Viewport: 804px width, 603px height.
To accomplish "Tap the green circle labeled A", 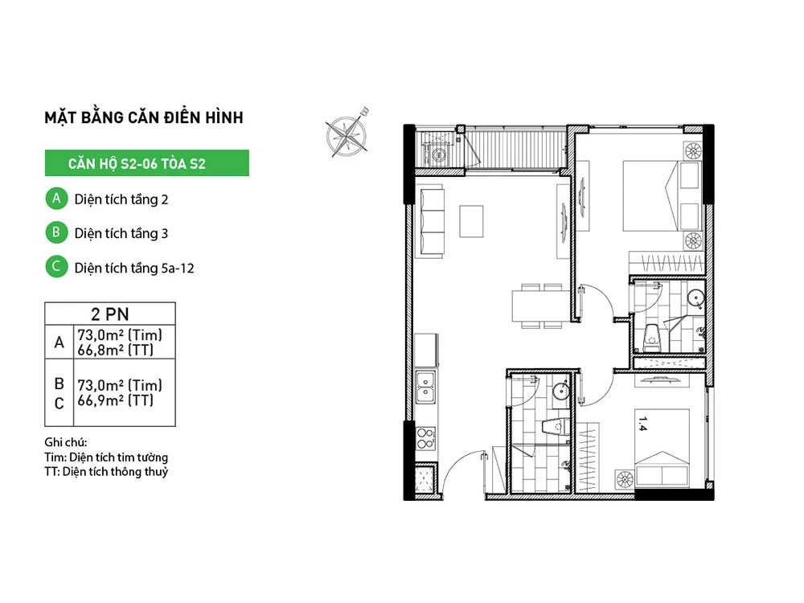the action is coord(56,199).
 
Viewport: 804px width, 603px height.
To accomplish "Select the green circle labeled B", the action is coord(56,232).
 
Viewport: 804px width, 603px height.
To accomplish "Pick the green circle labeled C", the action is coord(56,267).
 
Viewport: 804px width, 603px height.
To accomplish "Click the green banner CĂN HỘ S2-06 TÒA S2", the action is coord(146,163).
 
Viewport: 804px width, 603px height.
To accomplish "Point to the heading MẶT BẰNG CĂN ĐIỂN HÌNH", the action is coord(144,117).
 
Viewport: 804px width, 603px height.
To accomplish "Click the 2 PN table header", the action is coord(109,314).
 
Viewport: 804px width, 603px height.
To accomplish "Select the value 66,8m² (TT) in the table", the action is coord(115,351).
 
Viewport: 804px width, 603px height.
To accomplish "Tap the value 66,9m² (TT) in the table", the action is coord(115,400).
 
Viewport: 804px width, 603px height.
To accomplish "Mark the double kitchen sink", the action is coord(425,388).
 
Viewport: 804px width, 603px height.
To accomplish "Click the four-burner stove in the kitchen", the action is coord(425,439).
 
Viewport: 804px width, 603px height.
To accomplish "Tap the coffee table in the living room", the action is coord(471,221).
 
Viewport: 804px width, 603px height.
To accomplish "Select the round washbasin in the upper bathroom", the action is coord(695,298).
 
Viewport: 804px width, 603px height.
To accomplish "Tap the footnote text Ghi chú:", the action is coord(66,442).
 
